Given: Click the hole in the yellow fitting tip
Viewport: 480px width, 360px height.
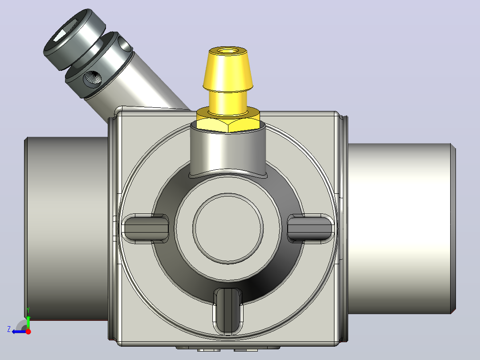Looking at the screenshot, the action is [228, 50].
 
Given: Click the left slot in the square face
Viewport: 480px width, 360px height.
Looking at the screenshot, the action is [146, 228].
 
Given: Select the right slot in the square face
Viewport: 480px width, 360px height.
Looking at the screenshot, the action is [310, 228].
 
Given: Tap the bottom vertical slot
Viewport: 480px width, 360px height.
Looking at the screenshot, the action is [228, 311].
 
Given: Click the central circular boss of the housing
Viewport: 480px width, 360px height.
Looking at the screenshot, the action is [228, 228].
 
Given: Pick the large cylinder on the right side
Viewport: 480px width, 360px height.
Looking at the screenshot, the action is [402, 229].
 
